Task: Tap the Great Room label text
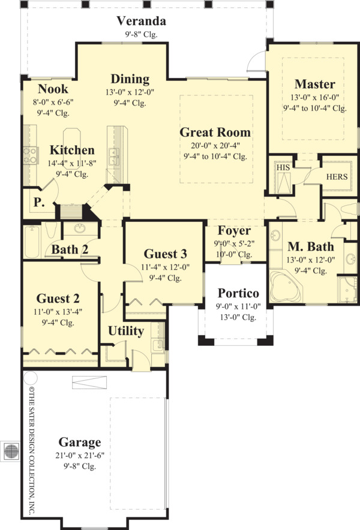point(215,132)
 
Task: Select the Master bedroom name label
point(314,83)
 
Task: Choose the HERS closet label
point(336,177)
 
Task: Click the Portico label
point(238,293)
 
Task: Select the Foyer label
point(234,230)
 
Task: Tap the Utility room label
point(126,331)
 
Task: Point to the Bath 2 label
point(70,249)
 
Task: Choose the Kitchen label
point(71,150)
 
